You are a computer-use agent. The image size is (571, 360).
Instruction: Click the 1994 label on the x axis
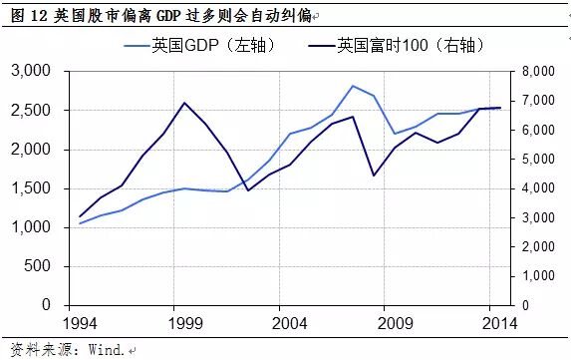pos(80,324)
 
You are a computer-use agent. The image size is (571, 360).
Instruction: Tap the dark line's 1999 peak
pos(184,103)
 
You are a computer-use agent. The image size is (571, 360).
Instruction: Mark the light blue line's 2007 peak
pos(352,86)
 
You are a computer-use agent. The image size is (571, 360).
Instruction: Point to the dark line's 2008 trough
pos(373,176)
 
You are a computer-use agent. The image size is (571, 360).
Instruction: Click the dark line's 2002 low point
pos(247,189)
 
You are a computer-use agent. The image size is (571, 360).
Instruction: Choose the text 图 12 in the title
pos(23,13)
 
